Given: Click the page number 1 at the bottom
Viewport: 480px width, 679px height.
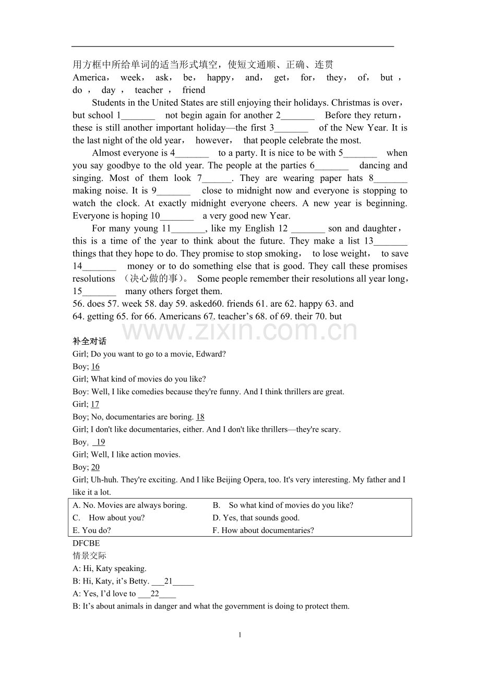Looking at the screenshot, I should point(240,635).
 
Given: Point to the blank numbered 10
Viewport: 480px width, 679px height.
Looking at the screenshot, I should point(177,216).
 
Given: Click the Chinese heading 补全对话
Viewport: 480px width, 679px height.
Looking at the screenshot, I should point(89,341).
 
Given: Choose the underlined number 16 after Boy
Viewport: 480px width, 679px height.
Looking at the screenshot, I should point(95,367).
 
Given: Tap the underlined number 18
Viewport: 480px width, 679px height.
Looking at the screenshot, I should point(200,417).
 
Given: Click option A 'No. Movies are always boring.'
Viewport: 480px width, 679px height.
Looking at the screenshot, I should point(130,505).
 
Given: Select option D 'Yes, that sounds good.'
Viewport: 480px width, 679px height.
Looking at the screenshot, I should point(256,518).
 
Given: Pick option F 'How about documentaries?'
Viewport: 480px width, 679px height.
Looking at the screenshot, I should point(263,530).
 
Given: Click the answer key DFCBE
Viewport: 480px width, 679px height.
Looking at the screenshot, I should point(86,543).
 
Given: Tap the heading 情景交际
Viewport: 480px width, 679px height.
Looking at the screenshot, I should point(89,556).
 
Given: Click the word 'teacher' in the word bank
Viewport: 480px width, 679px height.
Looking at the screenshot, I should point(149,90).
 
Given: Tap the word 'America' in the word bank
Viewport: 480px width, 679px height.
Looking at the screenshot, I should point(89,78).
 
